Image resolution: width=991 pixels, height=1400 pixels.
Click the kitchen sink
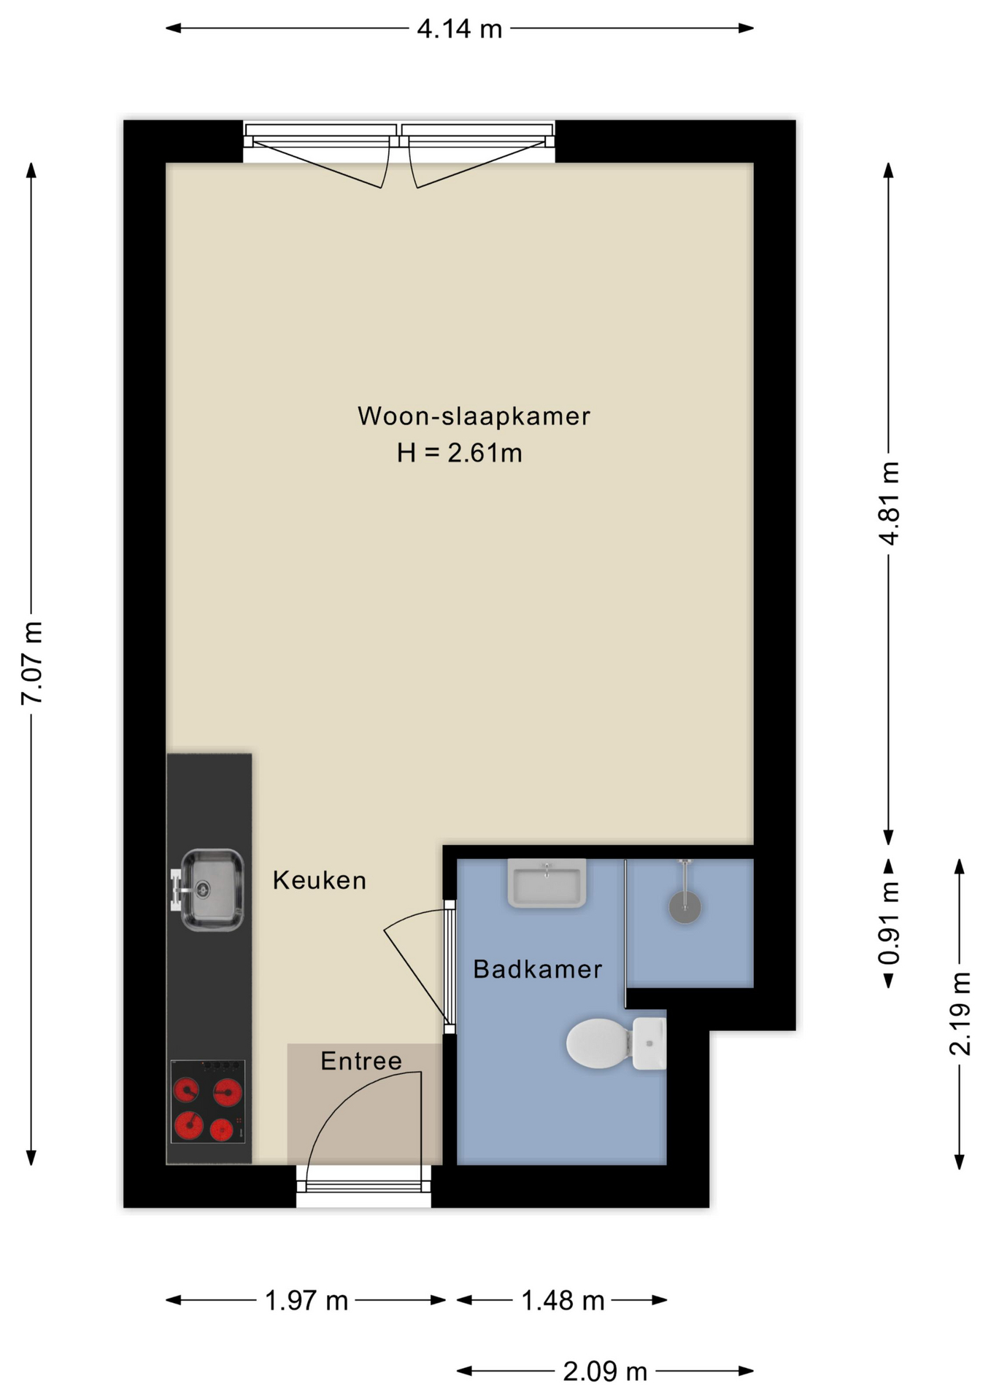(x=207, y=890)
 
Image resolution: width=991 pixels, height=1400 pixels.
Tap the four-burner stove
(x=208, y=1101)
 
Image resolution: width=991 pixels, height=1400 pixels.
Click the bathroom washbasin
(x=547, y=883)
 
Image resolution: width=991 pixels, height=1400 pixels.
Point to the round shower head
(x=685, y=907)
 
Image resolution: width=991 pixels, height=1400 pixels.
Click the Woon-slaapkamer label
(x=474, y=416)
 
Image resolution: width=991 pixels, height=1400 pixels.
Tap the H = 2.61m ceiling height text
(x=460, y=453)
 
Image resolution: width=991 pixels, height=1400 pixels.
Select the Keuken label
(x=320, y=880)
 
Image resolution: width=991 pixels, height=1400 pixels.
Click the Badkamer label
(x=538, y=969)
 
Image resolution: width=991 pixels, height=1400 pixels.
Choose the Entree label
(x=361, y=1061)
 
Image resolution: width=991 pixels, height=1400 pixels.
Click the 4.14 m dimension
(x=460, y=28)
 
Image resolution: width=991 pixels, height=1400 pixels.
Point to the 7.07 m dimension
(x=32, y=663)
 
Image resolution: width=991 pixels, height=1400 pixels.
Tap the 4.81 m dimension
(x=889, y=503)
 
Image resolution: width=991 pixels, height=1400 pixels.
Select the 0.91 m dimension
(x=889, y=923)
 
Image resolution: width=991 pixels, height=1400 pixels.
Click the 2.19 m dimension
(x=960, y=1014)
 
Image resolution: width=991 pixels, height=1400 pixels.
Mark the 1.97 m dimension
(x=306, y=1300)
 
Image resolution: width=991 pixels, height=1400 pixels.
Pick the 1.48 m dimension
(x=563, y=1300)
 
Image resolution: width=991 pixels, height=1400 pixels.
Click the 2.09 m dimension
(x=605, y=1372)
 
